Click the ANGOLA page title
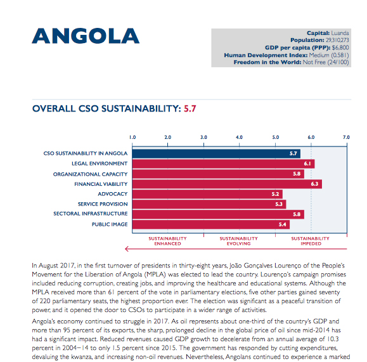pyautogui.click(x=86, y=36)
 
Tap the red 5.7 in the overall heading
pyautogui.click(x=190, y=108)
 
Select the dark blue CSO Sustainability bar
pyautogui.click(x=216, y=153)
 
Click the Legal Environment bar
pyautogui.click(x=223, y=164)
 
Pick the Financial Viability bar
pyautogui.click(x=227, y=184)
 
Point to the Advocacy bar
pyautogui.click(x=207, y=194)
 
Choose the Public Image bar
pyautogui.click(x=211, y=224)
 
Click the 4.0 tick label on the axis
pyautogui.click(x=239, y=137)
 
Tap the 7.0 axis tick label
pyautogui.click(x=346, y=137)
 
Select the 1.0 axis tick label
pyautogui.click(x=132, y=137)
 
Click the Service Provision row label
pyautogui.click(x=103, y=204)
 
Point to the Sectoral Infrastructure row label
pyautogui.click(x=91, y=214)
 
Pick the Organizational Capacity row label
pyautogui.click(x=91, y=174)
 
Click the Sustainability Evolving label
pyautogui.click(x=239, y=241)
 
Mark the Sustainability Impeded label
pyautogui.click(x=311, y=241)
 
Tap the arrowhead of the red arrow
pyautogui.click(x=127, y=249)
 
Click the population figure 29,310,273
pyautogui.click(x=337, y=40)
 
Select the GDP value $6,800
pyautogui.click(x=340, y=48)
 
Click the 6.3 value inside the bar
pyautogui.click(x=314, y=184)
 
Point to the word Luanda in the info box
pyautogui.click(x=340, y=33)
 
